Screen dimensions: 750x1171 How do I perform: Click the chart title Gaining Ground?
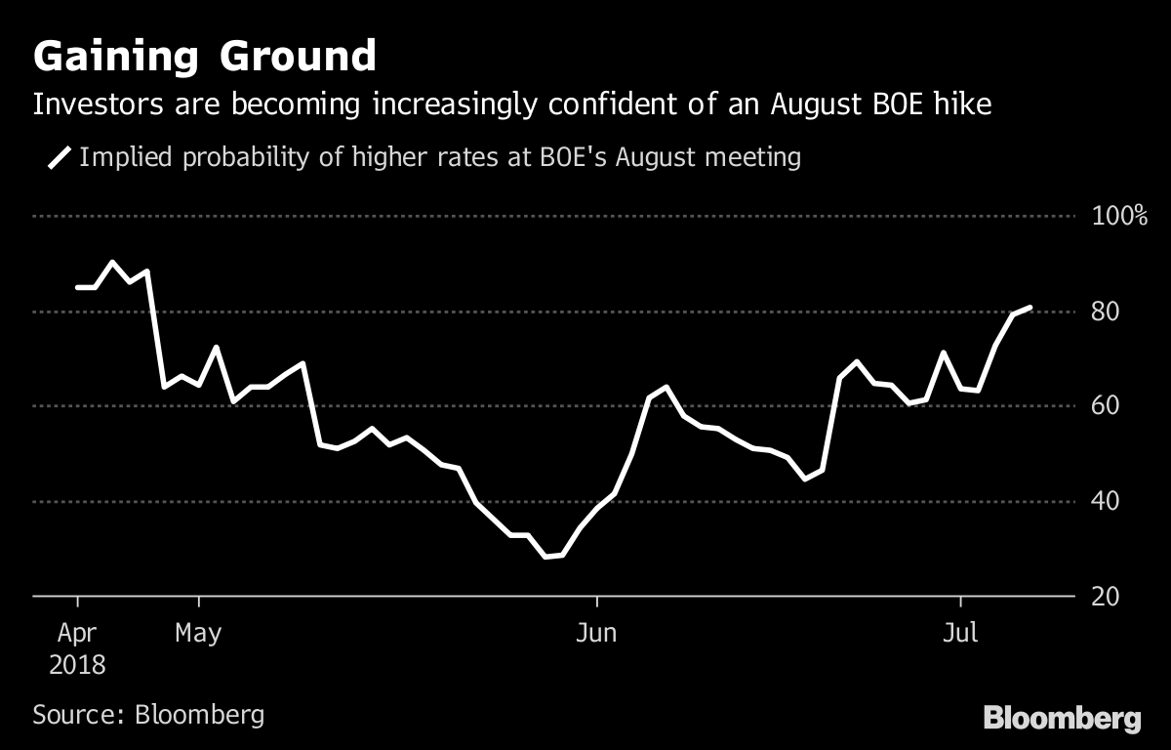[204, 56]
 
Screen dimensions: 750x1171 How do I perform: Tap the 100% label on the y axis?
[1118, 217]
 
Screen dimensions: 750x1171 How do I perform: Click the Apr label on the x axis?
[76, 634]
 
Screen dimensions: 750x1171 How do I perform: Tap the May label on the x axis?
[198, 634]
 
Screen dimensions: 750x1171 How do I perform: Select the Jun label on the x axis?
[595, 634]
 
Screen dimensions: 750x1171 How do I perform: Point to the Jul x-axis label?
[961, 634]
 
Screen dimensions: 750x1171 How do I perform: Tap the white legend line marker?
[60, 157]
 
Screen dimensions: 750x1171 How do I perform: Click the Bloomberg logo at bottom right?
[1062, 719]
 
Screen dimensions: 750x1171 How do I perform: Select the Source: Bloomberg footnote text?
[148, 714]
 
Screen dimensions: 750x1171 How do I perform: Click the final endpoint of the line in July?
[1030, 308]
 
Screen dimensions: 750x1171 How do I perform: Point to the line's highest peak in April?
[112, 262]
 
